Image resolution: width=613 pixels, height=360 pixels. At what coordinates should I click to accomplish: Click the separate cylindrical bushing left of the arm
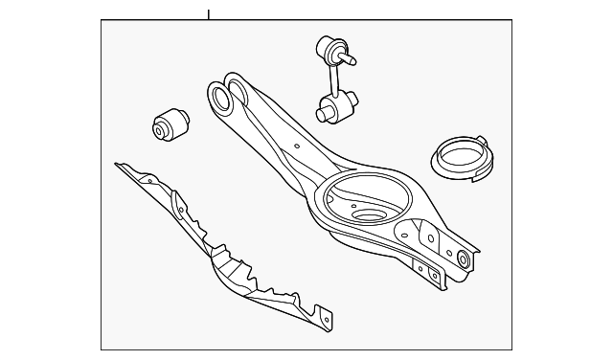coord(170,124)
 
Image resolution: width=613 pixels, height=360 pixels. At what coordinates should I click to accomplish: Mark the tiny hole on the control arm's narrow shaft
coord(297,146)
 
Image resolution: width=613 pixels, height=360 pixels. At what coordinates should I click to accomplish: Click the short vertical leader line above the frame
coord(208,14)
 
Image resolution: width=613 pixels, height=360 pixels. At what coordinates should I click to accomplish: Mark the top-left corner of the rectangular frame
coord(102,22)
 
